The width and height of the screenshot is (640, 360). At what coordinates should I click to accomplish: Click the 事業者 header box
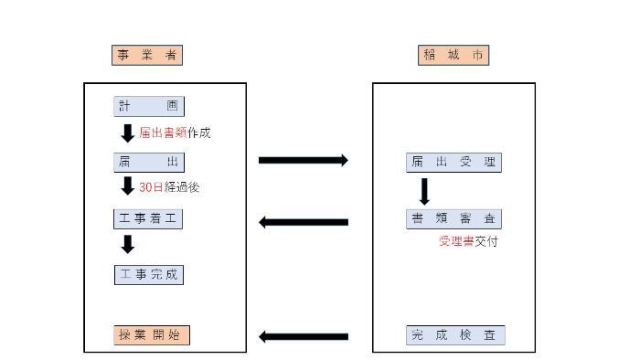click(147, 55)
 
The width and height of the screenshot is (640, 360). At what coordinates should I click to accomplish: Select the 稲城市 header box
click(454, 55)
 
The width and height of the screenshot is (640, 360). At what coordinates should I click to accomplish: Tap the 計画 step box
click(149, 106)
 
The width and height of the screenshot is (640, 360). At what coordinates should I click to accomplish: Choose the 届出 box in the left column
click(149, 163)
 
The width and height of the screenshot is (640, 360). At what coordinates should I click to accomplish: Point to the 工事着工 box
click(149, 218)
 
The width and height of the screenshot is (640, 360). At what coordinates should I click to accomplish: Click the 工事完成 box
click(149, 274)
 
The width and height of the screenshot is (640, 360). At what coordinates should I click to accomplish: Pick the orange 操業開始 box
click(152, 334)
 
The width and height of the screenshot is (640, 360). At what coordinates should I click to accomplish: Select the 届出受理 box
click(453, 163)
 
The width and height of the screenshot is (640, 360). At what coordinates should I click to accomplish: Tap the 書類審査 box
click(453, 218)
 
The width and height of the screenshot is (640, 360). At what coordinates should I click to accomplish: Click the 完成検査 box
click(454, 335)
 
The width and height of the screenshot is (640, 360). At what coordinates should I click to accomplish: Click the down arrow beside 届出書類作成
click(128, 133)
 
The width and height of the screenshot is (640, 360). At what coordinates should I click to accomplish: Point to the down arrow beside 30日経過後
click(128, 187)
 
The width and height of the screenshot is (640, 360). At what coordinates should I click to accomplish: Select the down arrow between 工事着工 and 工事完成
click(128, 244)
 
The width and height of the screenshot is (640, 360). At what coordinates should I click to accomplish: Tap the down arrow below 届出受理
click(424, 191)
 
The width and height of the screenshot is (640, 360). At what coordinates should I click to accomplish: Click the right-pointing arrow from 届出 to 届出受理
click(304, 161)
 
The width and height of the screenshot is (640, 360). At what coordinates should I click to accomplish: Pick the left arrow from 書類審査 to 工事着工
click(304, 222)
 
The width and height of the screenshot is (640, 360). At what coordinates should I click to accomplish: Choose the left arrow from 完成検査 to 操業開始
click(304, 336)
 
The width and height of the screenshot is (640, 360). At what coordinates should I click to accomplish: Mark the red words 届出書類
click(164, 133)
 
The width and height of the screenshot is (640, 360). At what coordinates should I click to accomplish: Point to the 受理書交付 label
click(468, 241)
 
